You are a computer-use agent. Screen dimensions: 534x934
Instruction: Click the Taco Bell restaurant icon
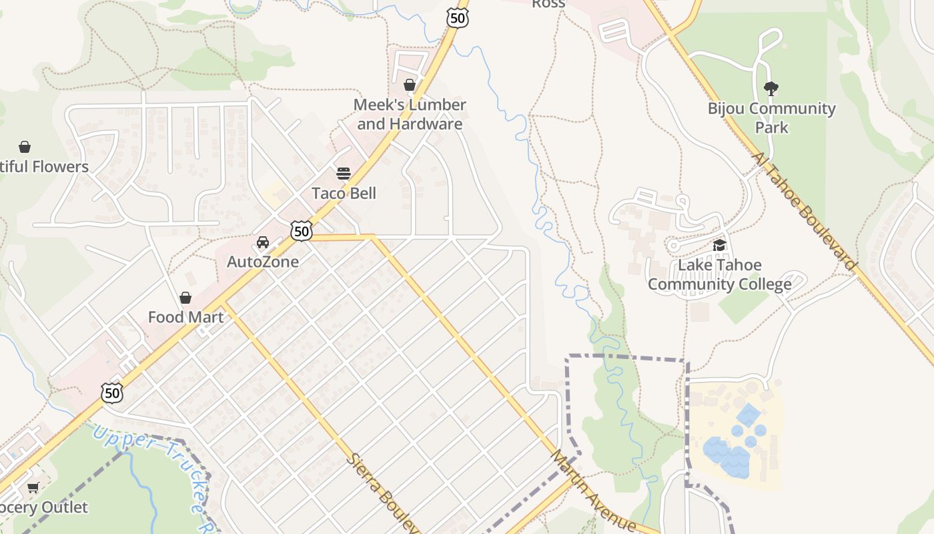[344, 174]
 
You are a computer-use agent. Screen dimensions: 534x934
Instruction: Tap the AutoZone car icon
[263, 242]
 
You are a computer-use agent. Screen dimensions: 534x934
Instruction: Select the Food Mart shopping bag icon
[185, 298]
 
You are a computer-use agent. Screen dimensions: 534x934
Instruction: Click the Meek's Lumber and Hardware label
[410, 114]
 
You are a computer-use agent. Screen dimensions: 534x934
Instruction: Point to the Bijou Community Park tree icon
[771, 88]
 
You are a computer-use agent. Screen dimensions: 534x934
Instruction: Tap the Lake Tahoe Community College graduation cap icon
[719, 245]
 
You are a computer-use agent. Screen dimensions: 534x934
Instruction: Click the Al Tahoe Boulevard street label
[804, 211]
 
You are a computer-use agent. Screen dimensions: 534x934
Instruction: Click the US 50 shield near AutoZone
[302, 232]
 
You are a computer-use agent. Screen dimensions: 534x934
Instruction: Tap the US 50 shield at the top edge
[458, 18]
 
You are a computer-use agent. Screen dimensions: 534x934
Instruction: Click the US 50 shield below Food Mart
[112, 392]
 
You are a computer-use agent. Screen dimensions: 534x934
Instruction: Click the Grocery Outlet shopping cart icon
[33, 488]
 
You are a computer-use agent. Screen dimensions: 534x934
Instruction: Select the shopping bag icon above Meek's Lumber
[410, 85]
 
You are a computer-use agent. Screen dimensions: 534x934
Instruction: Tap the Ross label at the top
[548, 4]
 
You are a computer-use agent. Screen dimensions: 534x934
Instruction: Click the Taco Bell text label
[344, 194]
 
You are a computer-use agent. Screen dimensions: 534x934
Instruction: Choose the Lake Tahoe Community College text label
[719, 275]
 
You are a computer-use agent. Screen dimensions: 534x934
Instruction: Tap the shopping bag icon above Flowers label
[25, 146]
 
